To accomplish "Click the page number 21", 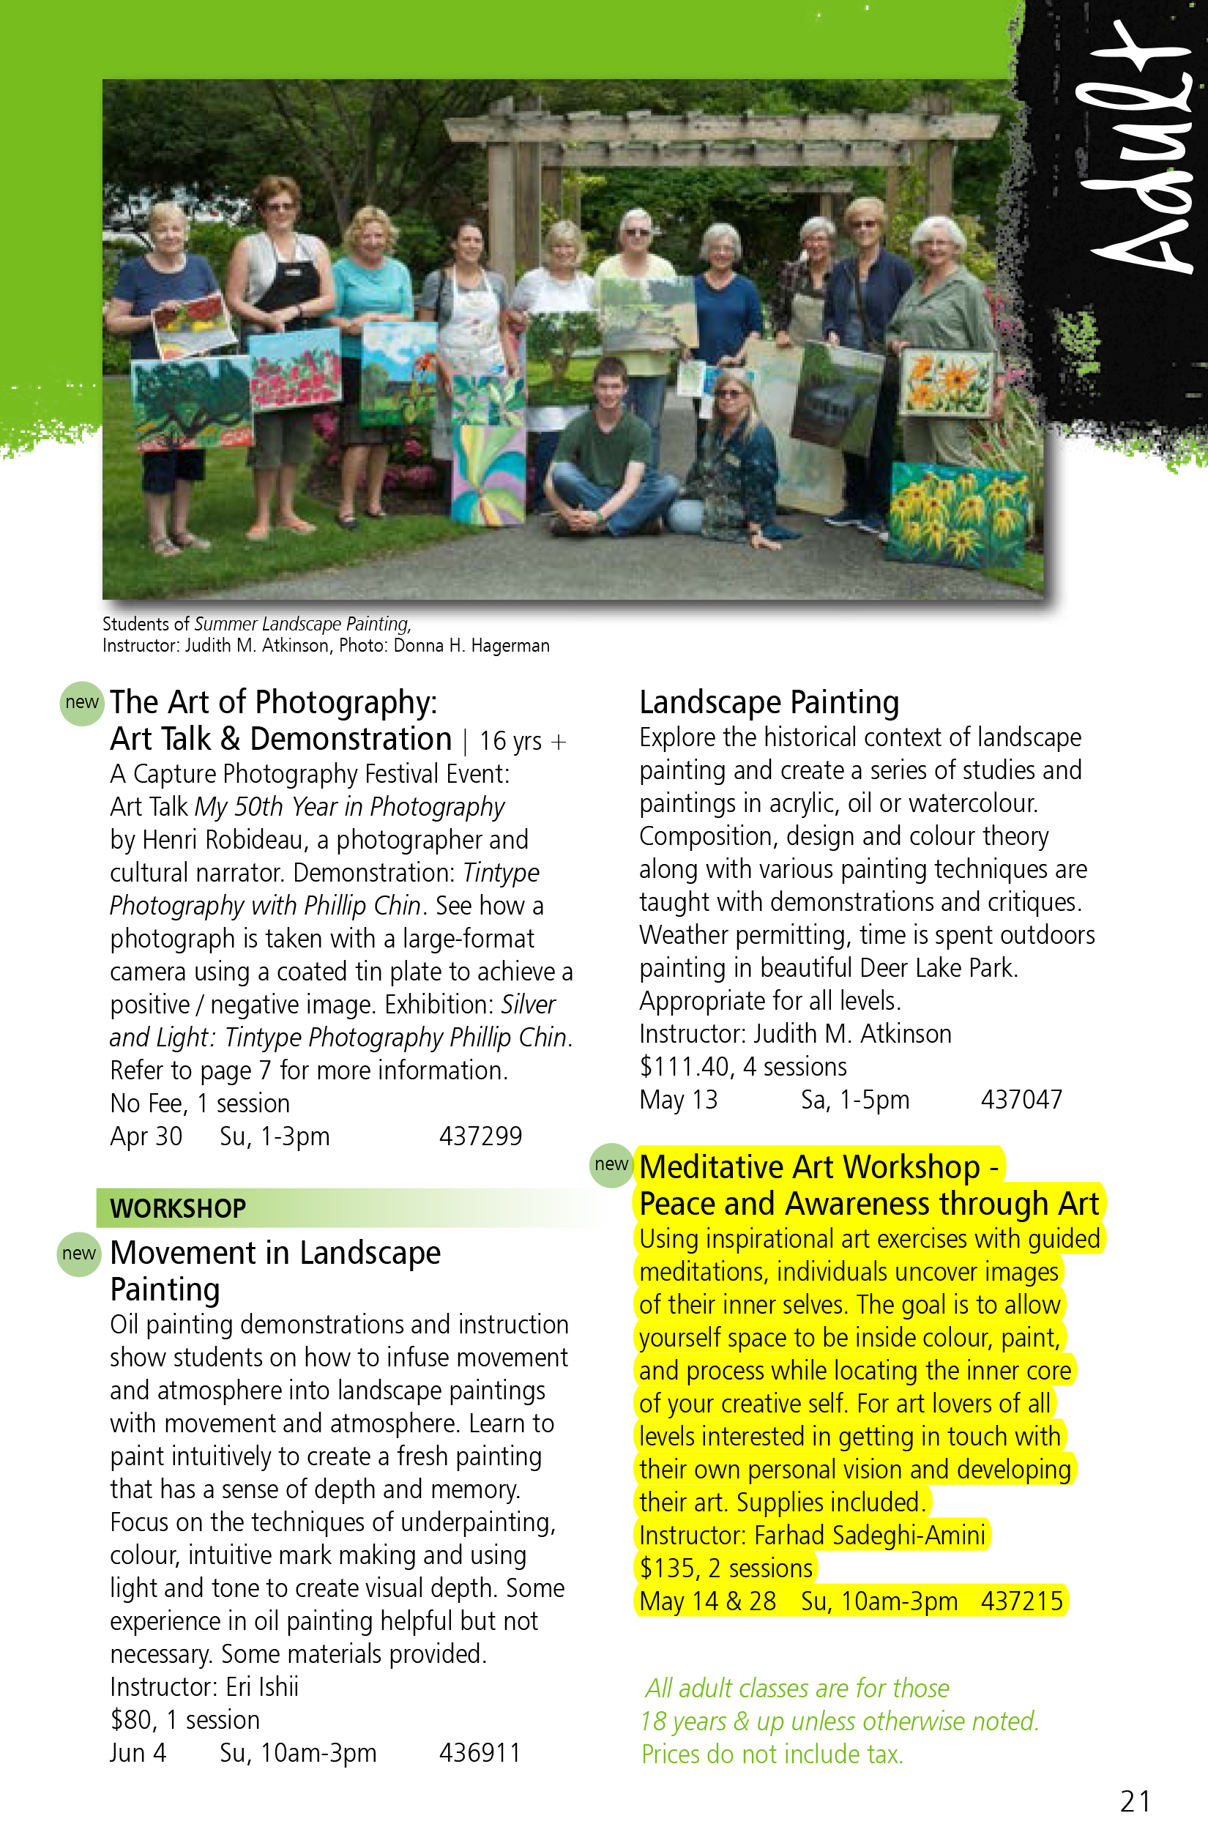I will click(x=1135, y=1801).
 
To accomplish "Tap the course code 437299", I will click(x=480, y=1136).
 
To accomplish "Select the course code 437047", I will click(x=1021, y=1100).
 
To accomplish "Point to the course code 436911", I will click(x=480, y=1753).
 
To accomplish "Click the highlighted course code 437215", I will click(x=1021, y=1601).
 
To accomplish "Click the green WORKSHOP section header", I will click(x=178, y=1208).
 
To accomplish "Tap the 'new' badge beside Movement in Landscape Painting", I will click(x=79, y=1254).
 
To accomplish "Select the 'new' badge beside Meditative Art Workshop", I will click(x=611, y=1164).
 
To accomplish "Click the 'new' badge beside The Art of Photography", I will click(x=82, y=703).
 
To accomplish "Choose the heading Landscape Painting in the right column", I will click(x=769, y=703).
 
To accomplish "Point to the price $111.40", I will click(x=684, y=1067).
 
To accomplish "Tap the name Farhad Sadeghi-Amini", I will click(x=869, y=1535).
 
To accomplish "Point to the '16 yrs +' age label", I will click(x=522, y=741).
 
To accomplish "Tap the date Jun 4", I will click(x=138, y=1753).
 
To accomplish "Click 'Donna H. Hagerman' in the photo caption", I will click(x=471, y=646).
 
